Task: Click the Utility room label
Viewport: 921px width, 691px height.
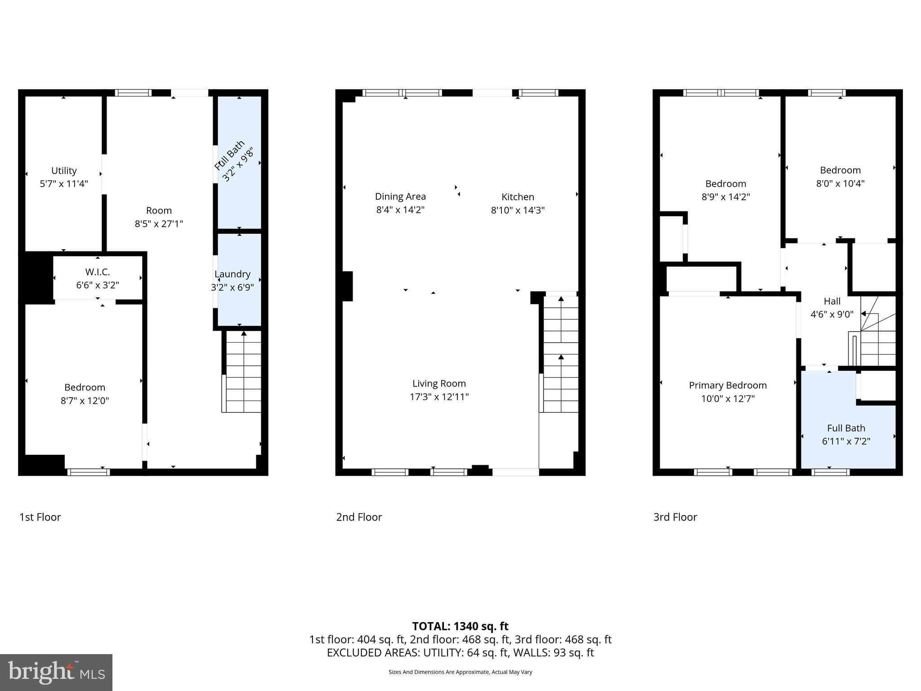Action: pos(64,171)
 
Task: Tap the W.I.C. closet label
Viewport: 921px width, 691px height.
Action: pos(97,272)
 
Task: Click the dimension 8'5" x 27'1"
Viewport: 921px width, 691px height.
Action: pos(159,224)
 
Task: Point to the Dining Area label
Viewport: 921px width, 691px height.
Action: pos(400,197)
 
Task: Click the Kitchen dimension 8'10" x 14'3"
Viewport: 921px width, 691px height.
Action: pos(518,210)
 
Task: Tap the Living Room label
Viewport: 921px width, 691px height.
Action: pos(439,384)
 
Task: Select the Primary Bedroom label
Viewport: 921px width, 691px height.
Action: pos(728,386)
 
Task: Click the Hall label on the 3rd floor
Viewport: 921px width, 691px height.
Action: pos(832,301)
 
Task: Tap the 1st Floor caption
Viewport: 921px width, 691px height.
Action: pos(40,517)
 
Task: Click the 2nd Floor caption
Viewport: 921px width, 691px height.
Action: pos(359,517)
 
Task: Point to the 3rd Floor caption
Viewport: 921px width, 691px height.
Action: pos(675,517)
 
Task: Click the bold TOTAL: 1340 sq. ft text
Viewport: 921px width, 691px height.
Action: pos(460,626)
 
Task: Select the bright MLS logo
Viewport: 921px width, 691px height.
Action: pos(56,673)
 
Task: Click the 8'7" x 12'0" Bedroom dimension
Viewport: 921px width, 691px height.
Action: pos(85,401)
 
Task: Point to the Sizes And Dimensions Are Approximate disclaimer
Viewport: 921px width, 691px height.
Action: pos(460,672)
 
